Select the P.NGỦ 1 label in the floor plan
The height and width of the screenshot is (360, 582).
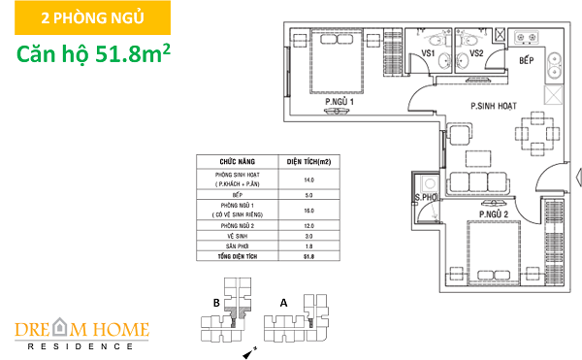339,100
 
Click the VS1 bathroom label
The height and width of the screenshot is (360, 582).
427,53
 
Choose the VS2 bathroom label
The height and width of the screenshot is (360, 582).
476,53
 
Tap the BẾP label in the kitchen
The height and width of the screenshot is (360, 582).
527,61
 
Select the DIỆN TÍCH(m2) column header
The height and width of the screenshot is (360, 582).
309,161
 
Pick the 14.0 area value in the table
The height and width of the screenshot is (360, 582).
309,180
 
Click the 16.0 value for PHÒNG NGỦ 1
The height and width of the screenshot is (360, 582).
309,210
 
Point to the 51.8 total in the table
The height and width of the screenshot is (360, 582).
309,256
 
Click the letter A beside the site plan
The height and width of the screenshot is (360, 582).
283,302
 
